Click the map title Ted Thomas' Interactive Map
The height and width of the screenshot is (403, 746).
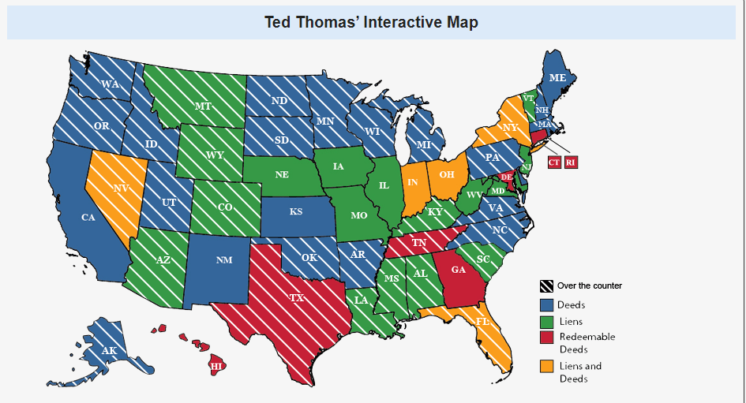pyautogui.click(x=371, y=22)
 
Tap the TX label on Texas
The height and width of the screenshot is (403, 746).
pyautogui.click(x=296, y=299)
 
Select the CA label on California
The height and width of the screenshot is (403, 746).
pyautogui.click(x=88, y=218)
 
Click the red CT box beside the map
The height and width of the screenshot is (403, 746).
pyautogui.click(x=554, y=162)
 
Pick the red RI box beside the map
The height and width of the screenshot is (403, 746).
pyautogui.click(x=571, y=162)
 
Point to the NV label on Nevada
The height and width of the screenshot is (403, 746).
pyautogui.click(x=122, y=188)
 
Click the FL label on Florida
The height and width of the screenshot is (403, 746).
pyautogui.click(x=482, y=322)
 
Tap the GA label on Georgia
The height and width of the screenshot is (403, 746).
pyautogui.click(x=459, y=269)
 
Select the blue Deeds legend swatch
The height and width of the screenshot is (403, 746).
pyautogui.click(x=546, y=304)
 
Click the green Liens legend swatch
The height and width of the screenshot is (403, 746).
pyautogui.click(x=546, y=321)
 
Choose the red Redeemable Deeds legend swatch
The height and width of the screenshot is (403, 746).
pyautogui.click(x=546, y=338)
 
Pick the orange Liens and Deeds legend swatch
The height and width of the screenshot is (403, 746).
pyautogui.click(x=546, y=366)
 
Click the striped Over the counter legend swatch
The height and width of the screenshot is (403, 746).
pyautogui.click(x=546, y=285)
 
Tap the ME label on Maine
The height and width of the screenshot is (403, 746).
pyautogui.click(x=557, y=78)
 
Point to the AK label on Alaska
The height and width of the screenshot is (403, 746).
pyautogui.click(x=109, y=350)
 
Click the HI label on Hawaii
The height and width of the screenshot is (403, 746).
pyautogui.click(x=216, y=366)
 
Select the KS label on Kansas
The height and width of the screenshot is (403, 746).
pyautogui.click(x=295, y=211)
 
